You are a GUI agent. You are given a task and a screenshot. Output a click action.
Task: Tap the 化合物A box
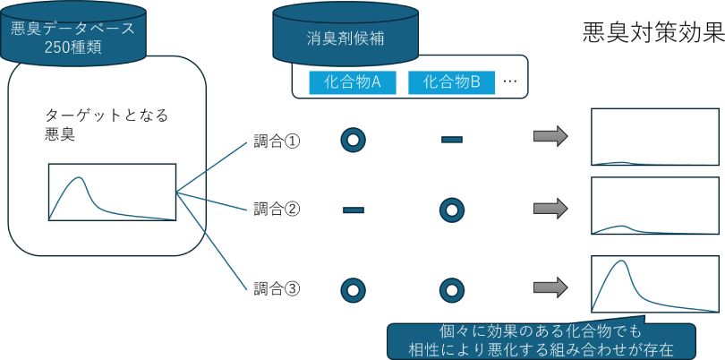(x=353, y=82)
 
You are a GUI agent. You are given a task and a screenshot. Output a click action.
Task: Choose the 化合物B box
(x=451, y=82)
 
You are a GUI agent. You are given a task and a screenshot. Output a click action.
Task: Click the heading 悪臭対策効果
(x=652, y=33)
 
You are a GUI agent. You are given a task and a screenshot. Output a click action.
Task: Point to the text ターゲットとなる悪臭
(x=106, y=125)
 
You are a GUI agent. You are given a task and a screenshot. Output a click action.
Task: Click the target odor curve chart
(x=112, y=192)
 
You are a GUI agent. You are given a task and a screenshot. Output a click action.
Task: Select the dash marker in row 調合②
(x=353, y=210)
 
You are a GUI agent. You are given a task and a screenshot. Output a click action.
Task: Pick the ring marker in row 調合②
(x=452, y=210)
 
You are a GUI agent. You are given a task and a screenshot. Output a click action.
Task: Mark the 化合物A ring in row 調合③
(x=353, y=289)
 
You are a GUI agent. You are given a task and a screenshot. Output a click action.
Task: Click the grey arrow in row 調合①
(x=550, y=137)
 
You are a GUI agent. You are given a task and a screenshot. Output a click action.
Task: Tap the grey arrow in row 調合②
(x=550, y=209)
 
